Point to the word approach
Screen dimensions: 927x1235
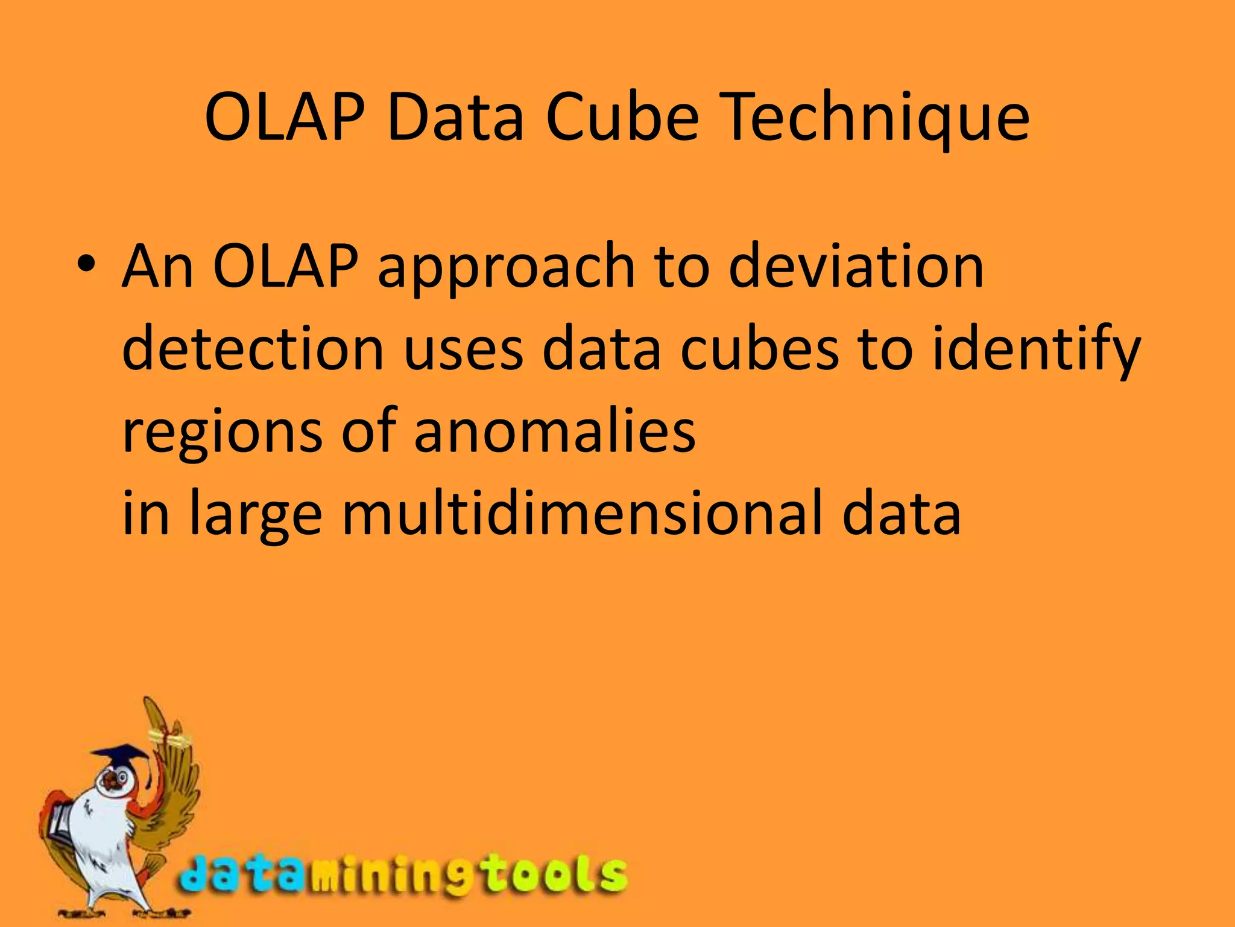tap(507, 269)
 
